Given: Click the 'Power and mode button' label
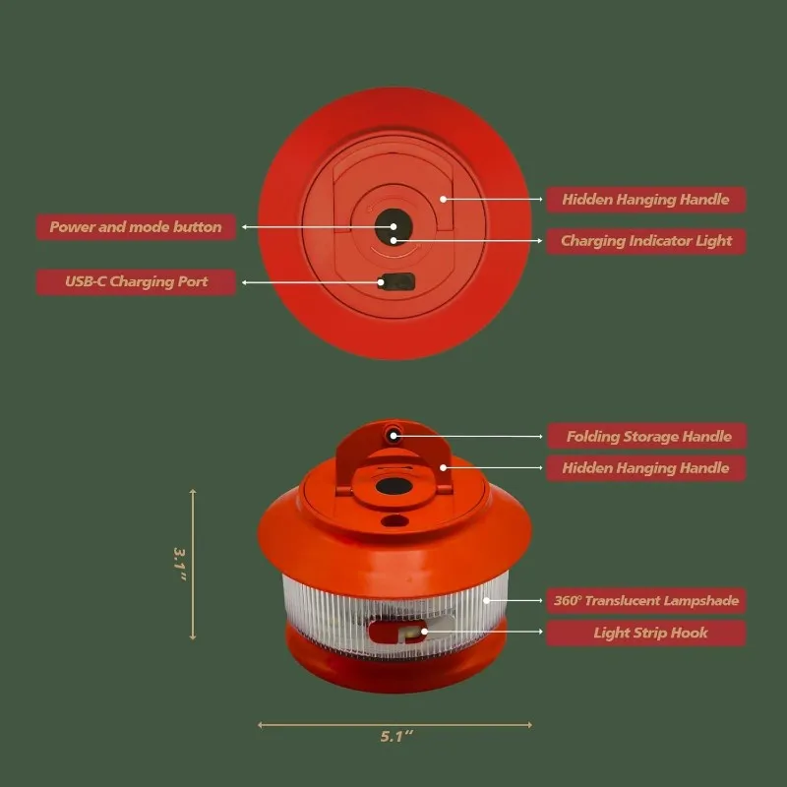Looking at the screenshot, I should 136,227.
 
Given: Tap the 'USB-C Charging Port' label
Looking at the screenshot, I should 136,282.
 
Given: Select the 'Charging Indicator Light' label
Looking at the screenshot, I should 646,240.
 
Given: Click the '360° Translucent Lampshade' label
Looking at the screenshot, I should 646,600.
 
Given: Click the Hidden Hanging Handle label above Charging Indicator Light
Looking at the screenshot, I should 646,200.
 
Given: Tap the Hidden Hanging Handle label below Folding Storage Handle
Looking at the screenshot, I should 646,468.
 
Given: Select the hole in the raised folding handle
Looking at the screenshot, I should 393,433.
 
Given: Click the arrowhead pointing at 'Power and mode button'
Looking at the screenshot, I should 244,227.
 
